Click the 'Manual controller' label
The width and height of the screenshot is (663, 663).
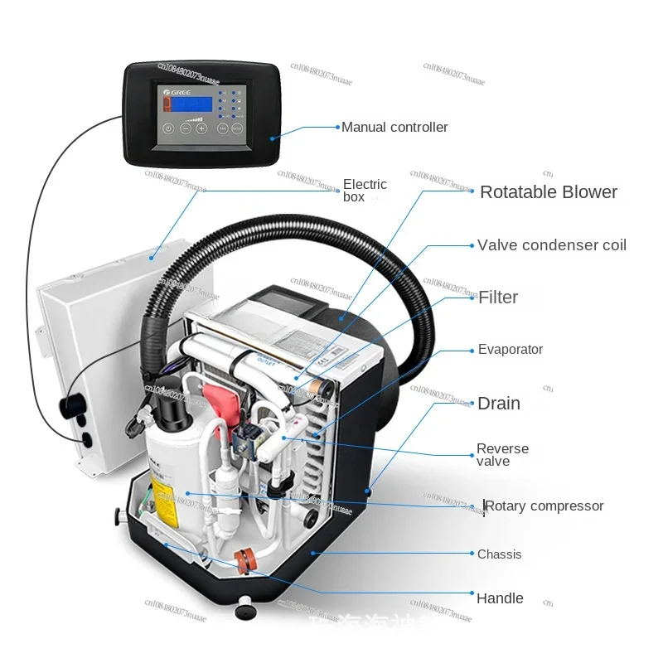[394, 128]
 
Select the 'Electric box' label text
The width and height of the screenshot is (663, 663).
[365, 190]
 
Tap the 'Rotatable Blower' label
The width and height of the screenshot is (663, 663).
[549, 192]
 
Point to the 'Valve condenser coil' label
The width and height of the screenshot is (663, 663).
[552, 245]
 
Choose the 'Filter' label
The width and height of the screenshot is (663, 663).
[498, 298]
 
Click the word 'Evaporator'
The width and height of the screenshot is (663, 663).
[511, 350]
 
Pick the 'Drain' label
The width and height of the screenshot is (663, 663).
[499, 404]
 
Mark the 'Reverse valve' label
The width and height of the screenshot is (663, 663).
[502, 455]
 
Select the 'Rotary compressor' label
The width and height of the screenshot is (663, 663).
[545, 506]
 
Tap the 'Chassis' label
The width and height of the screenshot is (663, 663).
[500, 554]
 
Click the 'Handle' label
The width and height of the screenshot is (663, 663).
[500, 598]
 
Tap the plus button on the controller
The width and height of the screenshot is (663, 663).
[201, 128]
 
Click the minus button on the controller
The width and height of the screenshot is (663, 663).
[185, 128]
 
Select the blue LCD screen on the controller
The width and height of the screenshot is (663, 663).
[190, 105]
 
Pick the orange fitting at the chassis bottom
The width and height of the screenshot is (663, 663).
[244, 559]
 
